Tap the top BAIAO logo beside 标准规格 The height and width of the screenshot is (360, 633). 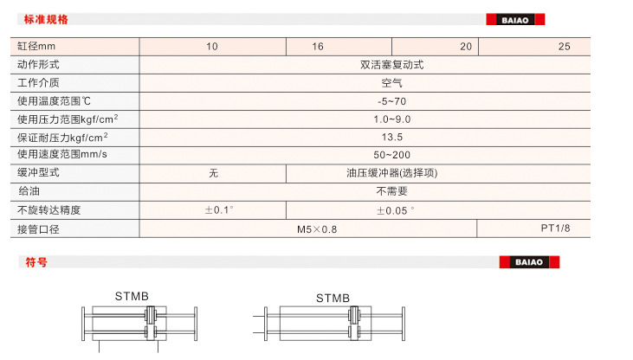[515, 19]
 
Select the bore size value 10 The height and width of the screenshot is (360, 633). [212, 47]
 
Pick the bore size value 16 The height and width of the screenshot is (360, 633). [318, 47]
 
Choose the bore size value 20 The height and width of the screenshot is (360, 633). [466, 47]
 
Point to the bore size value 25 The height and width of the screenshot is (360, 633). [565, 47]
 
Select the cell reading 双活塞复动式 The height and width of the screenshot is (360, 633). [391, 65]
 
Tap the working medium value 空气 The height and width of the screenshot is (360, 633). [391, 83]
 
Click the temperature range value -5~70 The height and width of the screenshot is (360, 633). [391, 101]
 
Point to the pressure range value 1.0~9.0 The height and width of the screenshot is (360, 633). [391, 119]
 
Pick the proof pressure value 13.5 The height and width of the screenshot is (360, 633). [391, 138]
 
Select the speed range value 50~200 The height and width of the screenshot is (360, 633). [391, 155]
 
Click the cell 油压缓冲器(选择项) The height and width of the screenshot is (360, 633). [391, 173]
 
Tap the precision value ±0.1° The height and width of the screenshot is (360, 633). [218, 210]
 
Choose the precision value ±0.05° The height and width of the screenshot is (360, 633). [395, 210]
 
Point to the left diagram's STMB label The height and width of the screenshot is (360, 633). [132, 296]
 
